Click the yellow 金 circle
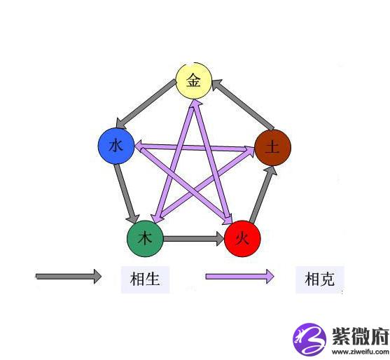tap(194, 81)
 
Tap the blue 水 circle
tap(116, 146)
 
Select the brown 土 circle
tap(273, 148)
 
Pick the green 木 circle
tap(145, 239)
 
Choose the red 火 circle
tap(242, 239)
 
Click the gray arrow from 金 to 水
tap(146, 104)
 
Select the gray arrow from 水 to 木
tap(126, 193)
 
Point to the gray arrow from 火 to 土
tap(263, 194)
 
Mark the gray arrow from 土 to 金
tap(243, 104)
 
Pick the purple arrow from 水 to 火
tap(186, 186)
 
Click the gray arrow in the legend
tap(69, 276)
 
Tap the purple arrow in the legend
tap(239, 276)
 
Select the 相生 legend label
tap(145, 279)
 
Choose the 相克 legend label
tap(320, 279)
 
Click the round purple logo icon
tap(309, 339)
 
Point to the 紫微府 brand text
tap(361, 335)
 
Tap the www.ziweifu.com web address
tap(361, 352)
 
